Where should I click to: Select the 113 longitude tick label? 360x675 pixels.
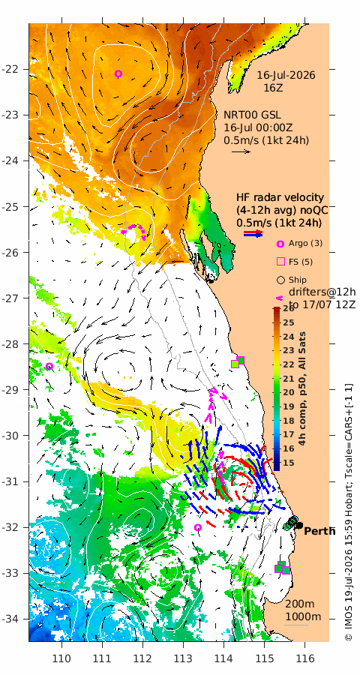point(183,658)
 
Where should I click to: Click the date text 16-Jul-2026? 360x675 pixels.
point(286,75)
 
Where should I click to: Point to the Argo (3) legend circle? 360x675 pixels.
point(280,244)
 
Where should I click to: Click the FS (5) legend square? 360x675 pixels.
point(280,261)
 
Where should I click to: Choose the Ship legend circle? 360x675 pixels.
point(280,280)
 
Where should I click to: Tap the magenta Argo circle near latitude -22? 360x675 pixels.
point(118,73)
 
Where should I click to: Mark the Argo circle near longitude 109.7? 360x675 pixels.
point(49,366)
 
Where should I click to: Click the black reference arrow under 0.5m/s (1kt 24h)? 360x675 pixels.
point(241,151)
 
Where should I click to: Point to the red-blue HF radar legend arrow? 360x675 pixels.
point(253,233)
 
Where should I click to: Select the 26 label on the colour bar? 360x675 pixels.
point(289,309)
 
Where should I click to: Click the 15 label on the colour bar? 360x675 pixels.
point(289,462)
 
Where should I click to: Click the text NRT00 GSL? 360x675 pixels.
point(252,115)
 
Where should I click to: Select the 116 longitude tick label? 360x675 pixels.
point(305,658)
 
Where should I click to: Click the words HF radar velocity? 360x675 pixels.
point(280,197)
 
